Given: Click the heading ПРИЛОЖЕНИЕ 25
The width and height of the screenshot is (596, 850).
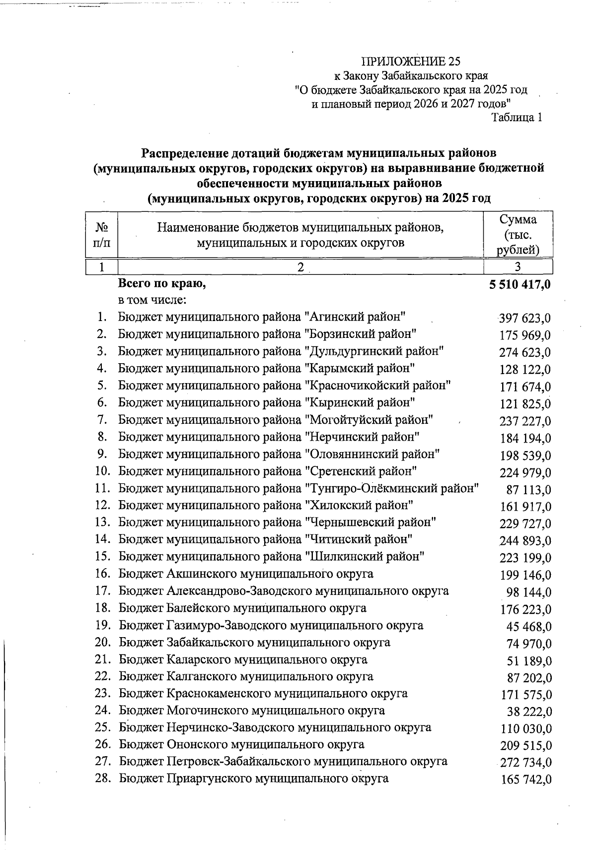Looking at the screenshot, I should click(411, 62).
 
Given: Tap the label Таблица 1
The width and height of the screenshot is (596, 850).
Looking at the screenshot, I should click(516, 118).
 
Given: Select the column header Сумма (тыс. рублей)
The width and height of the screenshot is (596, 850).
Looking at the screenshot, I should click(518, 234).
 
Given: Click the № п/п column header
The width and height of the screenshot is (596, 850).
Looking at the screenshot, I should click(102, 235).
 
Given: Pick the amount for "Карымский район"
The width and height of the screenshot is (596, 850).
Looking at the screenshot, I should click(524, 370).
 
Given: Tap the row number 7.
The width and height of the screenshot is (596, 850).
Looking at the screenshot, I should click(102, 420).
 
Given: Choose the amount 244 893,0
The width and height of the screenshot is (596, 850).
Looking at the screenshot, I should click(524, 541).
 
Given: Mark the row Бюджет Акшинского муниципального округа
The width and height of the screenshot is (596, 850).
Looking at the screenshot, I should click(246, 574).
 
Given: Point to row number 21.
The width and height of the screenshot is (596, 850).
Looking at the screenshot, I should click(102, 659).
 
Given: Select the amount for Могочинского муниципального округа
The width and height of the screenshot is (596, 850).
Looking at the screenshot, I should click(529, 712).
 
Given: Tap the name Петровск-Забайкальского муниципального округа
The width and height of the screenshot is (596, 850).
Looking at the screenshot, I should click(283, 761).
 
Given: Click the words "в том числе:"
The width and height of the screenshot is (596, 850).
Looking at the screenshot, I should click(152, 300).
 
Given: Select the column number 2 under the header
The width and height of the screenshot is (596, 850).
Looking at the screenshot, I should click(300, 266).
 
